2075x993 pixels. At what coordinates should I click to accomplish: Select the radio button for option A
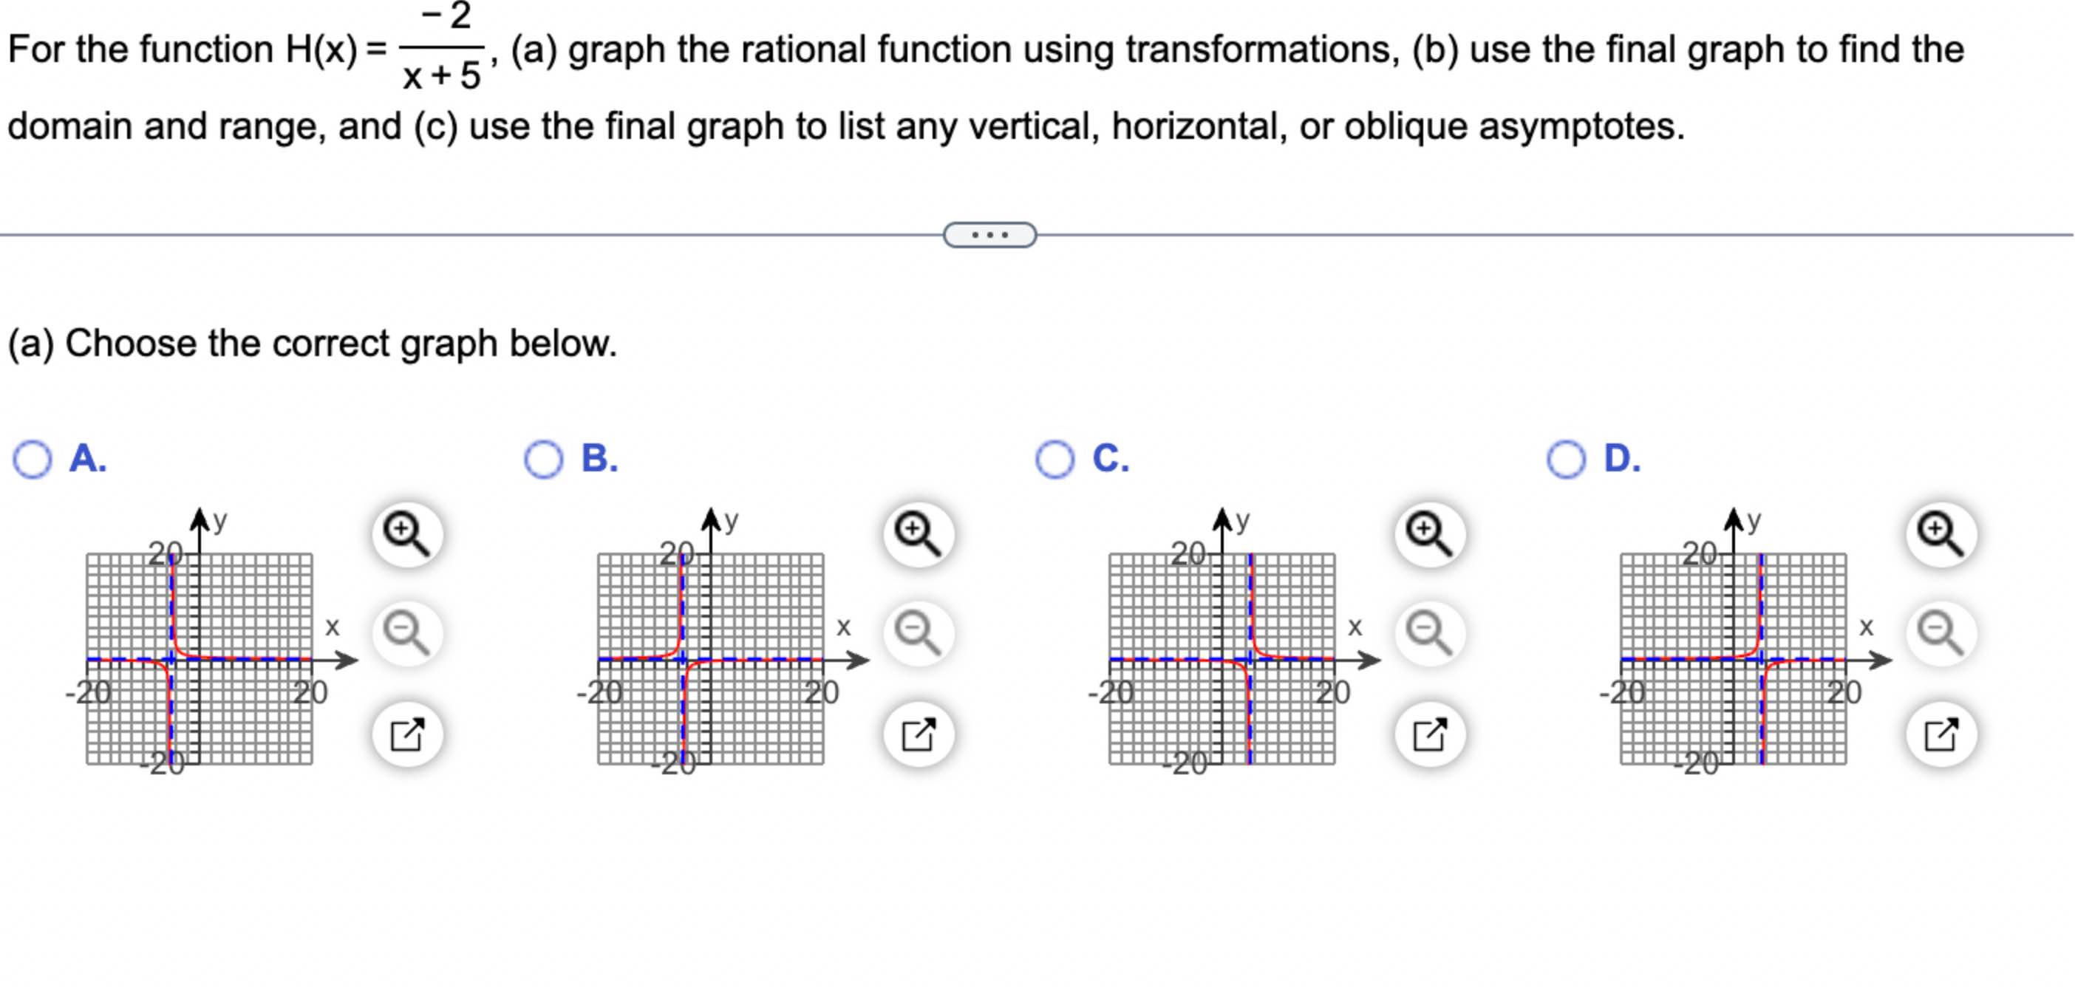pos(33,460)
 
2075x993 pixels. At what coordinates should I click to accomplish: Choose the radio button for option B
pos(544,460)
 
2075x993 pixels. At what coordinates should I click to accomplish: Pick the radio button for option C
pos(1055,460)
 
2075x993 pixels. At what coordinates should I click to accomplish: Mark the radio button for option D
pos(1567,460)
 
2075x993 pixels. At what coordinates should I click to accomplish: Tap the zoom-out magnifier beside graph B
pos(919,633)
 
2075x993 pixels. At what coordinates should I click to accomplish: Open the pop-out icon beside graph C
pos(1430,734)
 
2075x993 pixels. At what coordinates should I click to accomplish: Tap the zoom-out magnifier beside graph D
pos(1941,633)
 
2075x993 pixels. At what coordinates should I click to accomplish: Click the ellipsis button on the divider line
pos(989,235)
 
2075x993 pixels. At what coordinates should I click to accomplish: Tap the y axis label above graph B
pos(731,520)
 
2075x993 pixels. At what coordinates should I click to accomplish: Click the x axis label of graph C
pos(1355,627)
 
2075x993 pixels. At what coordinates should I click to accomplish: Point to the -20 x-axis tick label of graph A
pos(89,692)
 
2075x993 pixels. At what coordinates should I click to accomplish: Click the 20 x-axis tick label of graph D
pos(1844,692)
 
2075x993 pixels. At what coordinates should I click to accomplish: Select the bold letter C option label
pos(1111,458)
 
